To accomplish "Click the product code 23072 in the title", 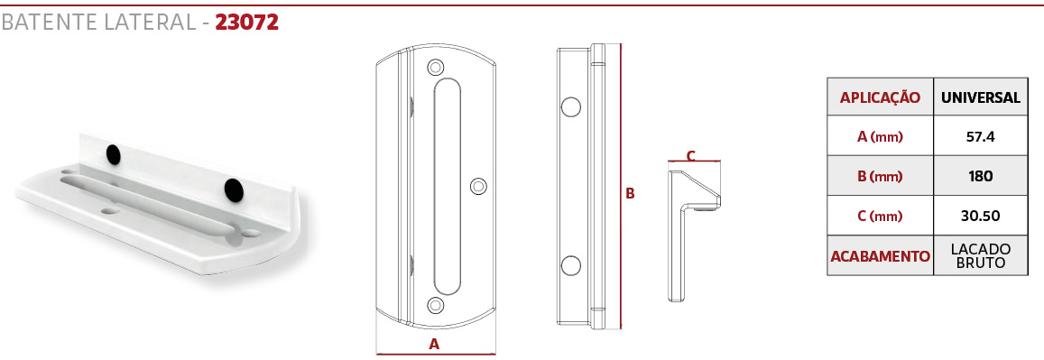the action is click(246, 23).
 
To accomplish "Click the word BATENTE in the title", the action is click(50, 23).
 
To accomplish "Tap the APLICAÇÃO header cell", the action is click(880, 97).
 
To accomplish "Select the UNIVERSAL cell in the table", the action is click(981, 97).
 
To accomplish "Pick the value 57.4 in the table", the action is click(980, 137).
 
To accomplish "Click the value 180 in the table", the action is click(980, 176).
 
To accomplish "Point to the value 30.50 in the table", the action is click(980, 217).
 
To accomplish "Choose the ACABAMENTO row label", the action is click(880, 256).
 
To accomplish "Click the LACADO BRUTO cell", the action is click(981, 256).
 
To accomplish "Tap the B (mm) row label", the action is click(880, 177).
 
